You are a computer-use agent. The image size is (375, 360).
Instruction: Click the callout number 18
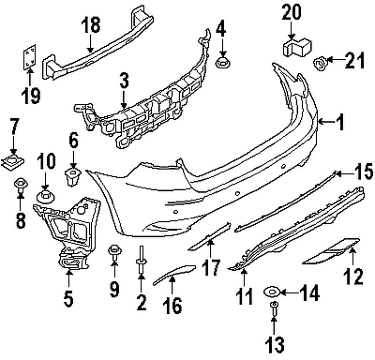(x=92, y=24)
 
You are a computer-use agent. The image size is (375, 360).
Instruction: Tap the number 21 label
(x=355, y=60)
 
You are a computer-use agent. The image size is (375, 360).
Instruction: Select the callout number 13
(x=276, y=344)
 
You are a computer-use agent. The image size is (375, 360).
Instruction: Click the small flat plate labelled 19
(x=29, y=57)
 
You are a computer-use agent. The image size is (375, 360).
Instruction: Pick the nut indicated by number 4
(x=221, y=63)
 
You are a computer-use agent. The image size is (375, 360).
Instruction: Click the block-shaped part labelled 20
(x=297, y=47)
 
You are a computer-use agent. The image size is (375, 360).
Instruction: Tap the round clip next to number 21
(x=319, y=64)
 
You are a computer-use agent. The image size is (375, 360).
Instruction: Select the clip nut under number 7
(x=13, y=161)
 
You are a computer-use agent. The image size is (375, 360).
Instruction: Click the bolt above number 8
(x=21, y=186)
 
